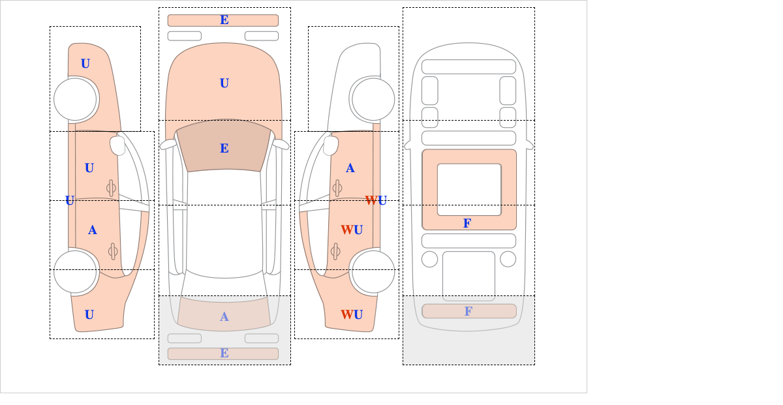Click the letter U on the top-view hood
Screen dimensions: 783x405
click(x=224, y=83)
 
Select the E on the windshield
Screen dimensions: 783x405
click(x=224, y=149)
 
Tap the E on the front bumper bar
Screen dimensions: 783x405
click(x=224, y=20)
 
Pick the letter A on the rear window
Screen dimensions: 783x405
click(x=224, y=316)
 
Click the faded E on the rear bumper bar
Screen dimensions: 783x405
click(x=224, y=353)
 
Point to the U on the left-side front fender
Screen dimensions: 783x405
click(x=85, y=64)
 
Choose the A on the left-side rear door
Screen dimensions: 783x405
click(x=92, y=230)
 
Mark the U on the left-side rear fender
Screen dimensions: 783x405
click(x=89, y=315)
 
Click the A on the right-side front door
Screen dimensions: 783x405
click(x=350, y=168)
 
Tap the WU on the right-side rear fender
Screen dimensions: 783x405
click(x=352, y=315)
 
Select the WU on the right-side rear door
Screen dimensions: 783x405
click(x=352, y=230)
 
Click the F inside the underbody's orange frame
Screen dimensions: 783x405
click(x=467, y=223)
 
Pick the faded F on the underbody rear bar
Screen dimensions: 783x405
click(x=468, y=311)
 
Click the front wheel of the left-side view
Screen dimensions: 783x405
click(x=75, y=99)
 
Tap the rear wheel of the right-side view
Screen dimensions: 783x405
click(x=373, y=271)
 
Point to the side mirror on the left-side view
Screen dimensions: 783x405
click(x=117, y=145)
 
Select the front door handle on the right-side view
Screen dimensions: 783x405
click(x=337, y=188)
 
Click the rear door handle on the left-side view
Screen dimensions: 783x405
click(x=112, y=251)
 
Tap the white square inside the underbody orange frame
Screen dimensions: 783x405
click(x=469, y=189)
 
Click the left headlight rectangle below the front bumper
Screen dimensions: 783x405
click(x=185, y=36)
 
